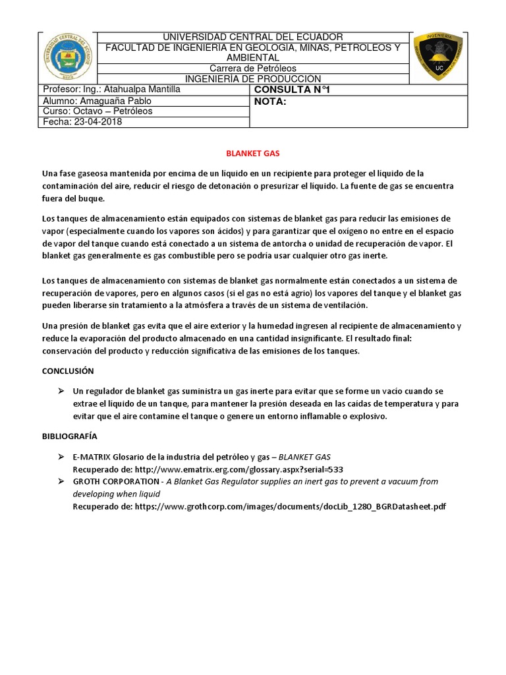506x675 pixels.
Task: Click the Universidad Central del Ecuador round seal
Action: (x=67, y=58)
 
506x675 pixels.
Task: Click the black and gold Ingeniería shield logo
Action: (x=437, y=57)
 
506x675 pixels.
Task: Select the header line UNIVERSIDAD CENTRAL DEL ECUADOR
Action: (x=253, y=37)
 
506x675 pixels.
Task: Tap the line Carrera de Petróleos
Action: (x=253, y=69)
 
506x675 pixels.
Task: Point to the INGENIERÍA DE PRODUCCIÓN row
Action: (x=253, y=79)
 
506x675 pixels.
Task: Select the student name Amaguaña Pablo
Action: (x=115, y=101)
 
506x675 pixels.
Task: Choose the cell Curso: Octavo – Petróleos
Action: (x=98, y=111)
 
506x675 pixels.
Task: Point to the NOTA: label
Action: (x=270, y=102)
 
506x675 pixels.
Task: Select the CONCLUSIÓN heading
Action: (x=68, y=371)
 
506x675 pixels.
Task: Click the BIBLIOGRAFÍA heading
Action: (x=70, y=436)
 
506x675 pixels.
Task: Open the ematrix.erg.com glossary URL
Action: (x=239, y=469)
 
